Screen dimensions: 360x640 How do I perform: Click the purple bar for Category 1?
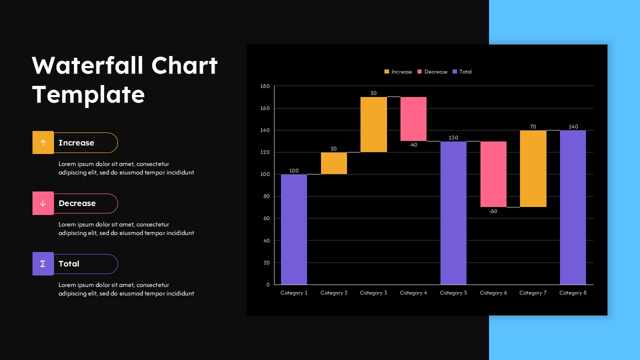point(294,229)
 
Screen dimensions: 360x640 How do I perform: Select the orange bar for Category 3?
point(373,124)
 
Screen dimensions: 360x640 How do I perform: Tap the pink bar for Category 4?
point(413,119)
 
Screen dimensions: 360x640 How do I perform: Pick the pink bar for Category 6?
point(493,174)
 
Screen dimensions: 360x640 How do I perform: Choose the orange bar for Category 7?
point(533,168)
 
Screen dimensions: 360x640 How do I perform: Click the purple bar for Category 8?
point(573,207)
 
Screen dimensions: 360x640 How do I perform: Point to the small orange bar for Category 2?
point(334,163)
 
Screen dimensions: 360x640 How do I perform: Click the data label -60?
point(493,211)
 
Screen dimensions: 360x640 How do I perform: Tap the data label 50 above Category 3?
point(373,93)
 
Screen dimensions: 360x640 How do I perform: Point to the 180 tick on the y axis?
point(265,86)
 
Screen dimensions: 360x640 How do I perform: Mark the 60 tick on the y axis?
point(266,218)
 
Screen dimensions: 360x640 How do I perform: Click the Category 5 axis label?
point(453,293)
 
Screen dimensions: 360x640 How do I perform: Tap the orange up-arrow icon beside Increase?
point(43,142)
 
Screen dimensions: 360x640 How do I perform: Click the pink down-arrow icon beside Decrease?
point(43,203)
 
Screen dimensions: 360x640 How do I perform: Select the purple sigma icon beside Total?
point(43,263)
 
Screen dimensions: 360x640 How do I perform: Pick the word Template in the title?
point(88,94)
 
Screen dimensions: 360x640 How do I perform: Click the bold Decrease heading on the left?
point(77,203)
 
